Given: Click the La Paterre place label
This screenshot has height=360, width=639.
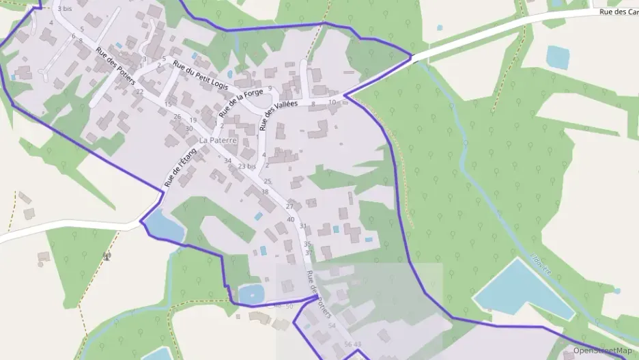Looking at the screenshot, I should [x=217, y=140].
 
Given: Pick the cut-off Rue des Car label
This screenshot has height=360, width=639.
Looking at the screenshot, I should [x=618, y=12].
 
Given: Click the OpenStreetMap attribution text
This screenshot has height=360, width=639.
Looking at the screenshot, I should [x=602, y=350].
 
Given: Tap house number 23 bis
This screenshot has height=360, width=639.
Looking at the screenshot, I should [x=247, y=166].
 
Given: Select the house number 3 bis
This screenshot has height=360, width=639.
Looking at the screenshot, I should [x=65, y=9].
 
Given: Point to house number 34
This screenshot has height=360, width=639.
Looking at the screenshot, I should [x=228, y=161].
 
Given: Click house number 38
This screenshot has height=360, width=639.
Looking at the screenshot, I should [x=265, y=192].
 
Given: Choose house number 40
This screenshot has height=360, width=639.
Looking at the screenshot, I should [x=291, y=219].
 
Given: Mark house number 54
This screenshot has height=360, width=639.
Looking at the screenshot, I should [x=332, y=326].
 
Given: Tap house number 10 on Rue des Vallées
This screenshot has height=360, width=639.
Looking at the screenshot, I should [x=332, y=102].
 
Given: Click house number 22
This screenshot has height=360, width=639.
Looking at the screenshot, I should [x=139, y=92].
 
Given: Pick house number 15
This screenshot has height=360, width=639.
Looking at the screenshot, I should [x=168, y=104].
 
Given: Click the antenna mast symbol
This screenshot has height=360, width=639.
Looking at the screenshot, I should [x=106, y=256].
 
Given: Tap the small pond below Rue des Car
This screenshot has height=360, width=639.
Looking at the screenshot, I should [x=558, y=57].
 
